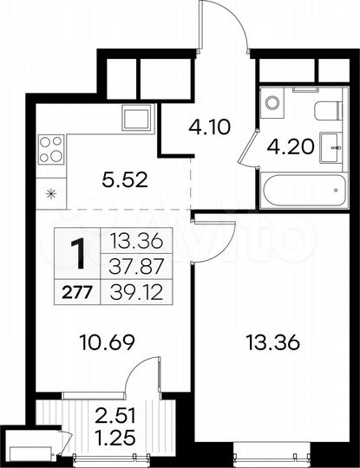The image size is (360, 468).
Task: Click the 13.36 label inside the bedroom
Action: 276,344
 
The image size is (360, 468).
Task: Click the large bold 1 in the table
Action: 77,254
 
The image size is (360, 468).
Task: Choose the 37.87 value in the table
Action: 127,267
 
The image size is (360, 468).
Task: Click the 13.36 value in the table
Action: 127,242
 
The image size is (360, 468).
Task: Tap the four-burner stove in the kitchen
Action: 51,149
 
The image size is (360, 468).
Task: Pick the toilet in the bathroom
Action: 324,110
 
